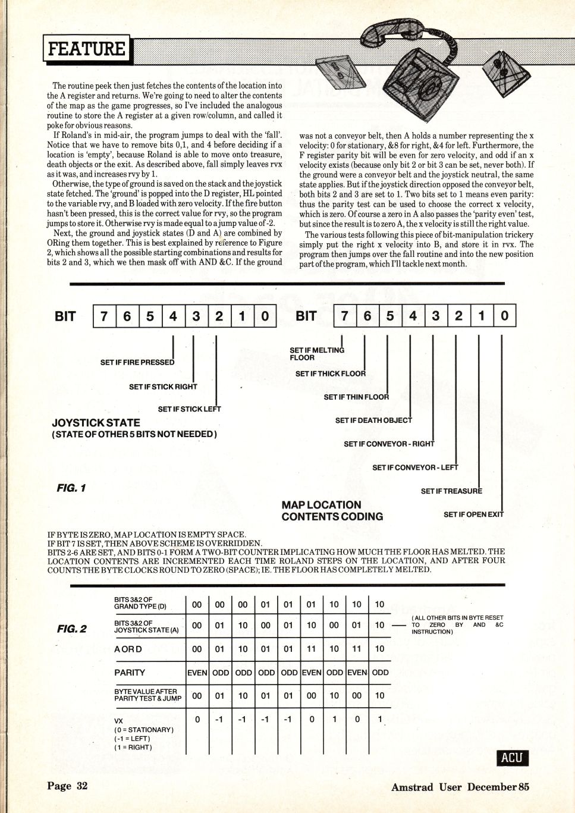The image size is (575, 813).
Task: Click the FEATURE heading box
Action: (86, 49)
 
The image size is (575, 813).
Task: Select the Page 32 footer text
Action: (67, 786)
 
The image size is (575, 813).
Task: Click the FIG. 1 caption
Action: (71, 488)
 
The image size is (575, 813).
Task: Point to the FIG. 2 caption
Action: (71, 629)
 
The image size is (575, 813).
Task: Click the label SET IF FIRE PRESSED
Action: (137, 362)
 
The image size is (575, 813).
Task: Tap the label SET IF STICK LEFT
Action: (189, 409)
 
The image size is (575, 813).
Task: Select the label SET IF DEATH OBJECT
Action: (373, 420)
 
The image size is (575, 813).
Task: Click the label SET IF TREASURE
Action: (451, 491)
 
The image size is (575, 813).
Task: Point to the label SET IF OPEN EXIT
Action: (473, 514)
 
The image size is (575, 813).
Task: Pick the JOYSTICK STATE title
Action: (96, 423)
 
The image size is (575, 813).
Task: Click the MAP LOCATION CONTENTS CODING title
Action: (332, 511)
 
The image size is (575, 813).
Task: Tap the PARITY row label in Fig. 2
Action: (130, 673)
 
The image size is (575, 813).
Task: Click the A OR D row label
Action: (128, 649)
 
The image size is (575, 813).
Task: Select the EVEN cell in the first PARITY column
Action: (197, 673)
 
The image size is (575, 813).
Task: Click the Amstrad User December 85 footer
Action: (460, 787)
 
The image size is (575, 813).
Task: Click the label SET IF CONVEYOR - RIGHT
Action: (389, 444)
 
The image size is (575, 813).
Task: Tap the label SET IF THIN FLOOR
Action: (356, 397)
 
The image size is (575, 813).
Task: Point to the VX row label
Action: (120, 720)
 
